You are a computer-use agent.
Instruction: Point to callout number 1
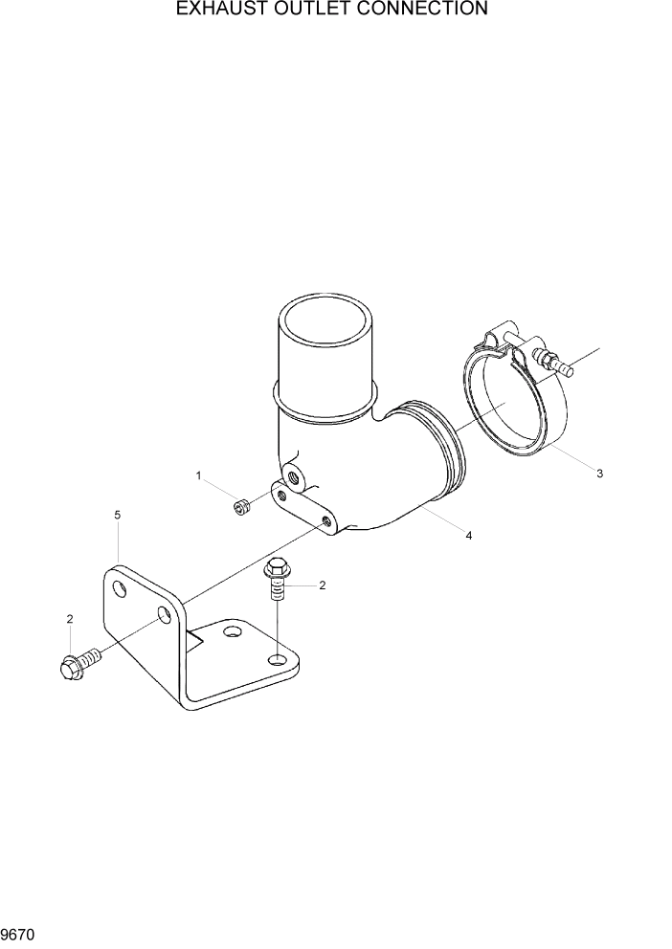click(199, 475)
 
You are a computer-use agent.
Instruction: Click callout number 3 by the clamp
click(599, 474)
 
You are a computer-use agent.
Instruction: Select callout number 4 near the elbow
click(468, 536)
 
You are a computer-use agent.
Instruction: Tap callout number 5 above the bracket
click(117, 516)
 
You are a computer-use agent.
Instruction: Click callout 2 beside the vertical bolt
click(323, 585)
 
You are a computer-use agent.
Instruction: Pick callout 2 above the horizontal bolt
click(70, 620)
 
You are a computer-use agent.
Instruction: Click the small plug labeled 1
click(241, 507)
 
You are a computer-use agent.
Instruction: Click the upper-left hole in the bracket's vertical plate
click(119, 587)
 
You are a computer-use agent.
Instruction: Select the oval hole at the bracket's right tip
click(278, 660)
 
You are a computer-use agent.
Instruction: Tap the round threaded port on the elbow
click(292, 475)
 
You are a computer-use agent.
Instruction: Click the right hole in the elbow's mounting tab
click(327, 521)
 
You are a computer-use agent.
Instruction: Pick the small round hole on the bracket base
click(231, 632)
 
